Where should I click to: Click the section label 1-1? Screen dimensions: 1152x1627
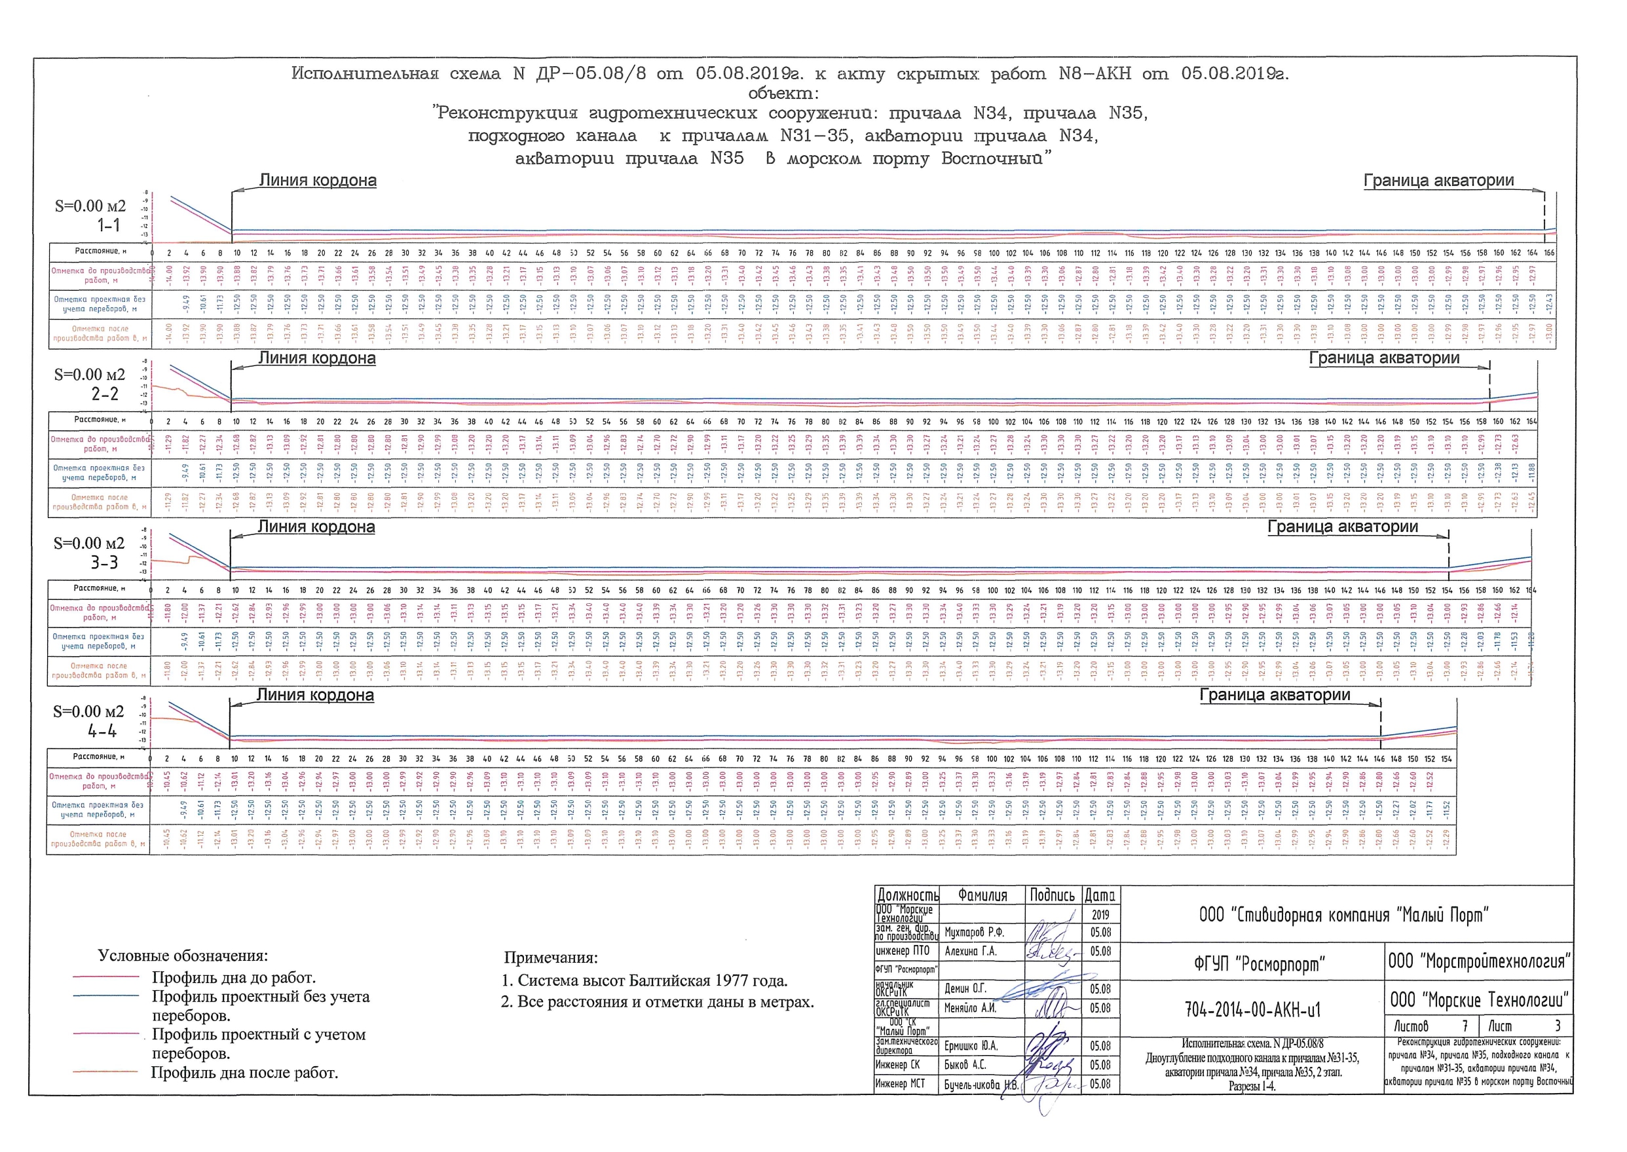tap(109, 225)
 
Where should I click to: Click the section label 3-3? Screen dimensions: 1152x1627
tap(104, 563)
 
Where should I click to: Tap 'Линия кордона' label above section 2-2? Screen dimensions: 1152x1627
tap(316, 358)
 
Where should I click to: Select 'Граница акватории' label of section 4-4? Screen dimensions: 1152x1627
tap(1275, 695)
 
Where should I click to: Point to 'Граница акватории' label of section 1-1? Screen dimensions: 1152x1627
tap(1438, 181)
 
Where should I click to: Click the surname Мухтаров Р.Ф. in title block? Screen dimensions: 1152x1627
tap(974, 932)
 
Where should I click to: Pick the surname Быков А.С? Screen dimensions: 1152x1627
tap(965, 1065)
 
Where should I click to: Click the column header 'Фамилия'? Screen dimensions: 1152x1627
tap(982, 895)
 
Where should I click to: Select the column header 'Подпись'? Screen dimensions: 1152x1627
tap(1052, 895)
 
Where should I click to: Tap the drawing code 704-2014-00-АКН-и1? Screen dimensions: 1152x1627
tap(1252, 1009)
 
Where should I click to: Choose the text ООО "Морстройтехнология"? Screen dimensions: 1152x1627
tap(1479, 961)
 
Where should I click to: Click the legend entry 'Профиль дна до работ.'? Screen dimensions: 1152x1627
tap(233, 978)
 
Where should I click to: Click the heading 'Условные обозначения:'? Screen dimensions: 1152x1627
tap(183, 956)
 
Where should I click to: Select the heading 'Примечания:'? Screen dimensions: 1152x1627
tap(550, 957)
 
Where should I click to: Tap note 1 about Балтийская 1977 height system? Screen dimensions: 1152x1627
tap(645, 981)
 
